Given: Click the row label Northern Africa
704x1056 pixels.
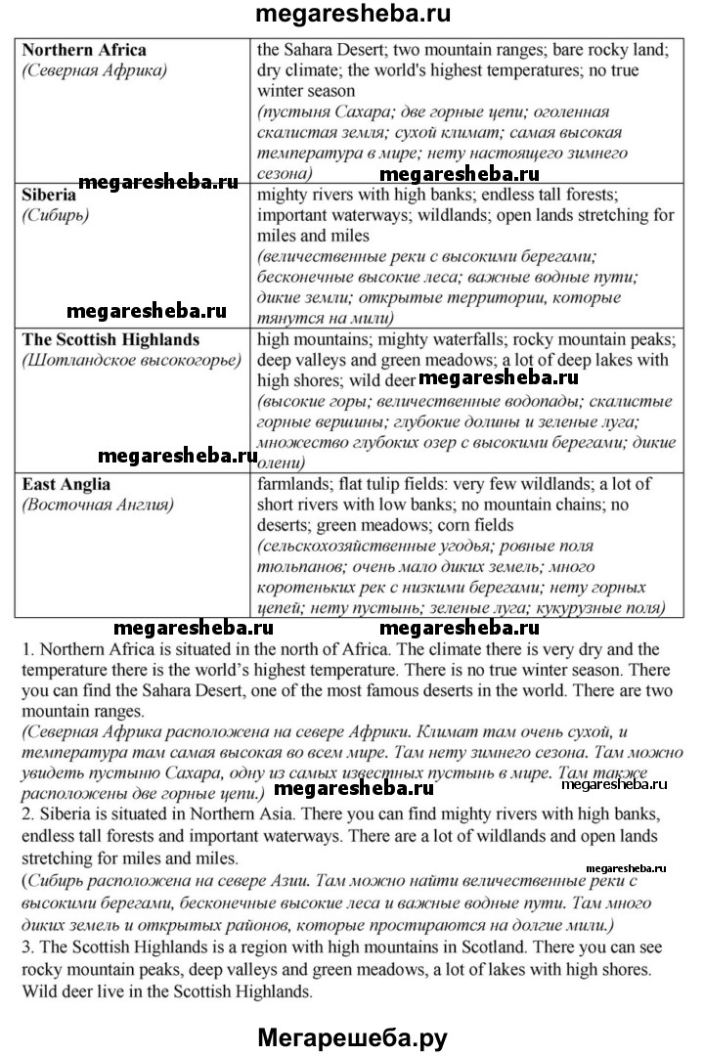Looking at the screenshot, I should pyautogui.click(x=84, y=49).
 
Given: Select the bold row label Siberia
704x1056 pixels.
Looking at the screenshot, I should pyautogui.click(x=50, y=195).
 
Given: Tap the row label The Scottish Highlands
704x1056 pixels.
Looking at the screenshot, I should pyautogui.click(x=110, y=339).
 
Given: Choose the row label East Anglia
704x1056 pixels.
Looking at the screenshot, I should pyautogui.click(x=66, y=484).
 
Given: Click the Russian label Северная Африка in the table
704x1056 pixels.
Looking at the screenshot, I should pyautogui.click(x=95, y=70).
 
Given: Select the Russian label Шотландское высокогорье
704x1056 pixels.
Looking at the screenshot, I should pyautogui.click(x=131, y=361).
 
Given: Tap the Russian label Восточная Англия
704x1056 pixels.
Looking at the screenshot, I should pyautogui.click(x=99, y=506).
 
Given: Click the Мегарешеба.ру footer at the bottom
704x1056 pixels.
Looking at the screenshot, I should pyautogui.click(x=352, y=1035).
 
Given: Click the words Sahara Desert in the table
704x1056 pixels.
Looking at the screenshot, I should pyautogui.click(x=331, y=49).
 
